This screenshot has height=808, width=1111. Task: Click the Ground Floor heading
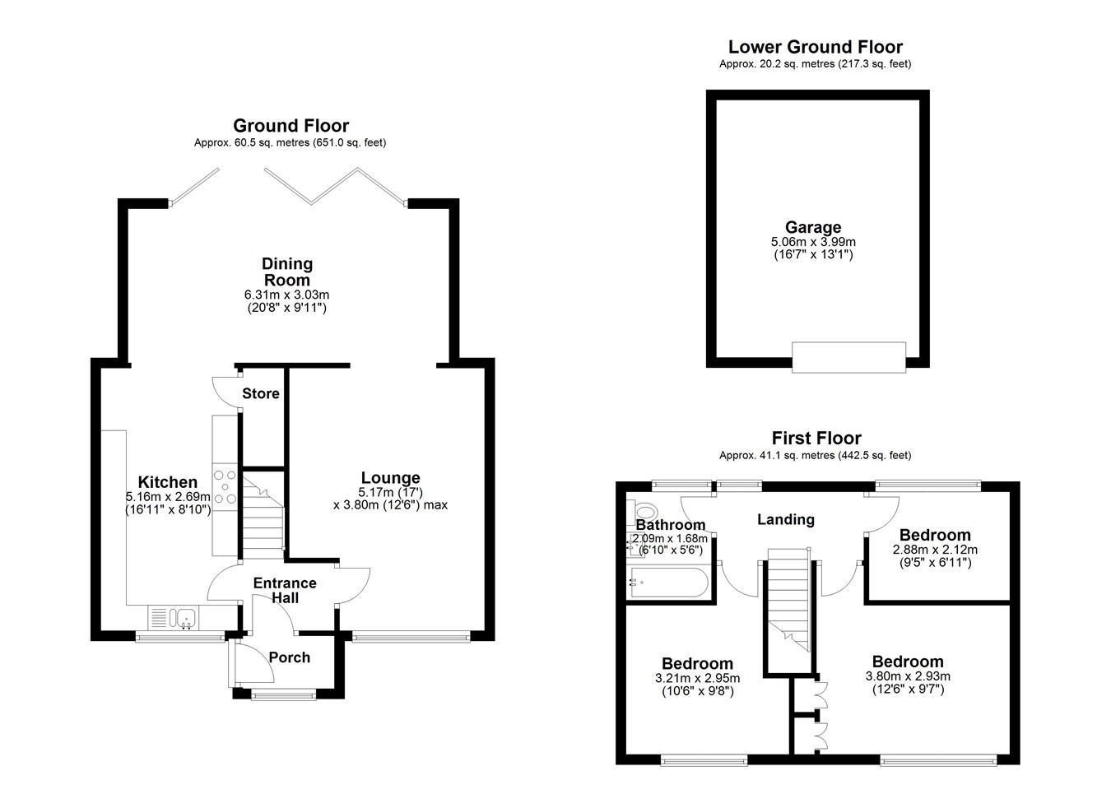(291, 126)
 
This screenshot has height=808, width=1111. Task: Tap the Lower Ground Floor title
(816, 47)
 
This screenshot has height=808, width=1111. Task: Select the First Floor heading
(816, 439)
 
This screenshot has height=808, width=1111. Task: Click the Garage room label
(813, 227)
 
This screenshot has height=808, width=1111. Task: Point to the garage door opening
(848, 357)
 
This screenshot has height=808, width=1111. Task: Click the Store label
(260, 394)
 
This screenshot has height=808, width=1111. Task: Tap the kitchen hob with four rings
(225, 487)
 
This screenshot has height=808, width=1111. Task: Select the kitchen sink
(183, 619)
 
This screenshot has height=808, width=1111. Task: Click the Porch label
(289, 657)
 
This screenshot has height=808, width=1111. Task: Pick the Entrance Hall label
(285, 590)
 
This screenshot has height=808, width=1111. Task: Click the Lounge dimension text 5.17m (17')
(390, 493)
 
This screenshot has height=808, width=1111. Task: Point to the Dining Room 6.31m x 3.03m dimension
(286, 295)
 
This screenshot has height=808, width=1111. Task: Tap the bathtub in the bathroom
(668, 583)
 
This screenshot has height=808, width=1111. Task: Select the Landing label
(786, 519)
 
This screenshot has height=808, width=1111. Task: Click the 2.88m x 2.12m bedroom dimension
(935, 550)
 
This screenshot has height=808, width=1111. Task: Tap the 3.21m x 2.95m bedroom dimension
(697, 678)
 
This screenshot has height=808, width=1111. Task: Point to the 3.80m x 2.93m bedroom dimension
(908, 676)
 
